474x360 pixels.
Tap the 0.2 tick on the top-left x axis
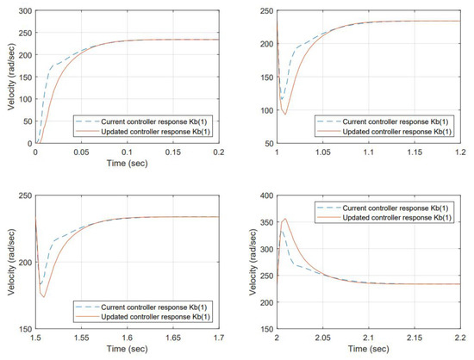219,150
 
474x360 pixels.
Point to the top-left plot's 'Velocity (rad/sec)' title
8,78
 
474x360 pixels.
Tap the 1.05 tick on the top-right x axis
323,150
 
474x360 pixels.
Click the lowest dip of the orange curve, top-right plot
285,114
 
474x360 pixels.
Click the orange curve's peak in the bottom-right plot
285,219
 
